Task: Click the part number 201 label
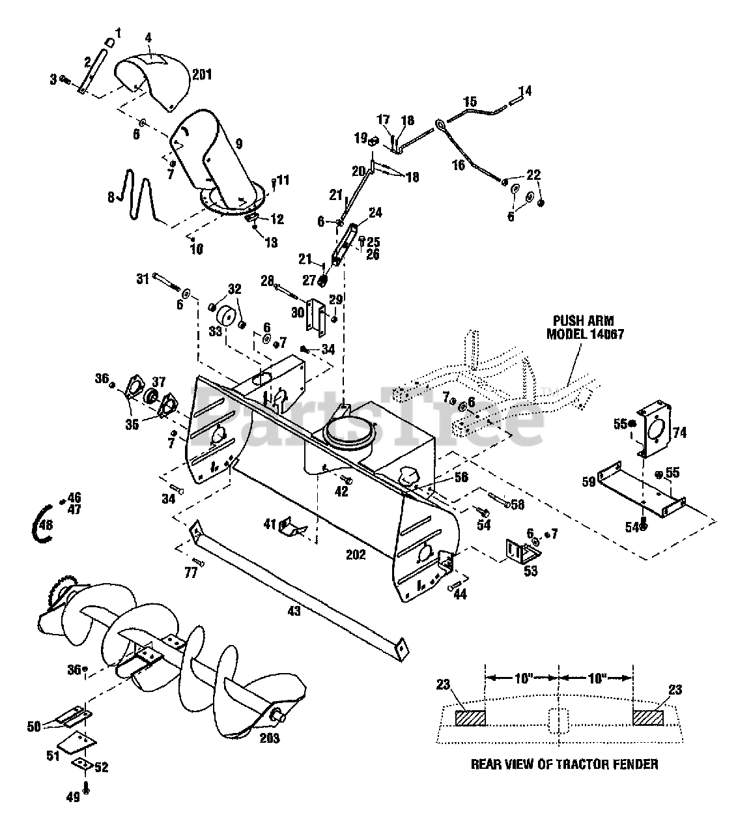pyautogui.click(x=202, y=75)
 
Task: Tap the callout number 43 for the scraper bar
pyautogui.click(x=294, y=611)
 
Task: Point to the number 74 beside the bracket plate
pyautogui.click(x=679, y=433)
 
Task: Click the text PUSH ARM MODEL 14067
pyautogui.click(x=585, y=328)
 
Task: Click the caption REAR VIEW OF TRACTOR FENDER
pyautogui.click(x=565, y=764)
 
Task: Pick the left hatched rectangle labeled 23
pyautogui.click(x=470, y=718)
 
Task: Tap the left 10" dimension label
pyautogui.click(x=524, y=678)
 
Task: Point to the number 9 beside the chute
pyautogui.click(x=238, y=144)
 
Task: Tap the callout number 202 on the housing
pyautogui.click(x=356, y=554)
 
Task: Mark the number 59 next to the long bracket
pyautogui.click(x=589, y=483)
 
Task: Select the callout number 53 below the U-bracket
pyautogui.click(x=530, y=571)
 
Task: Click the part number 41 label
pyautogui.click(x=270, y=525)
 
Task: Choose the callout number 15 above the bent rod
pyautogui.click(x=470, y=102)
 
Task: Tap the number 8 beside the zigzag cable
pyautogui.click(x=111, y=197)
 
